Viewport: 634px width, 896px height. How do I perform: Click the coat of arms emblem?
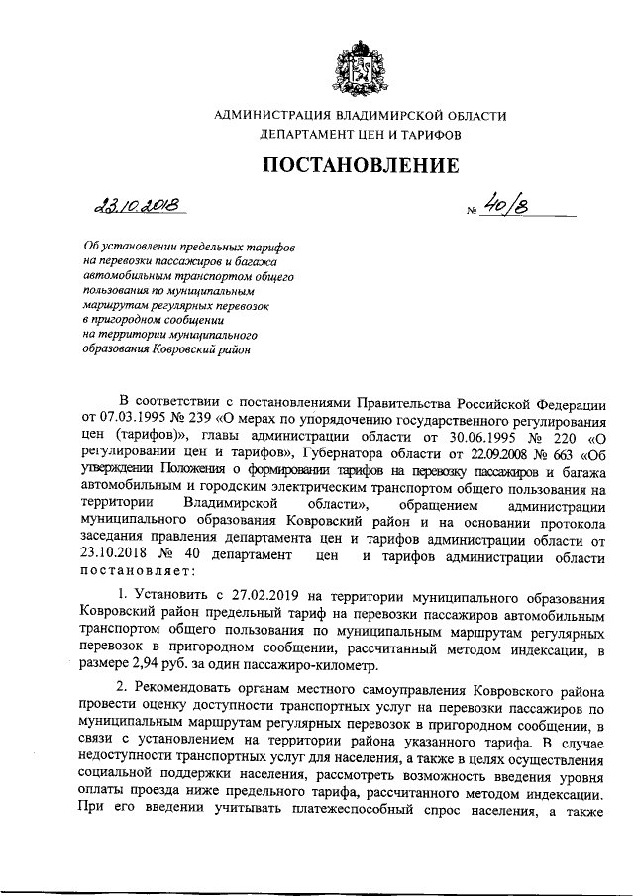point(360,61)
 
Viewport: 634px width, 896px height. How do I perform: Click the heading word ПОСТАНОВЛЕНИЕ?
point(361,165)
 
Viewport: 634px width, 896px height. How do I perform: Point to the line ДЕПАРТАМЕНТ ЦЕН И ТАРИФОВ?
point(360,134)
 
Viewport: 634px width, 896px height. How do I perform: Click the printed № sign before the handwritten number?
point(471,210)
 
